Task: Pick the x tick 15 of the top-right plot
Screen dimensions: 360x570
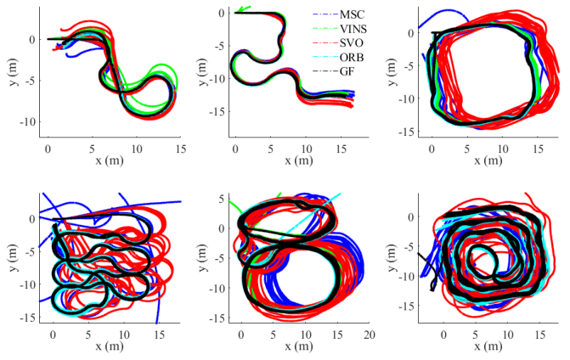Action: [538, 145]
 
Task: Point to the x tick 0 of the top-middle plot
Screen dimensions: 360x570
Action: [235, 145]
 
